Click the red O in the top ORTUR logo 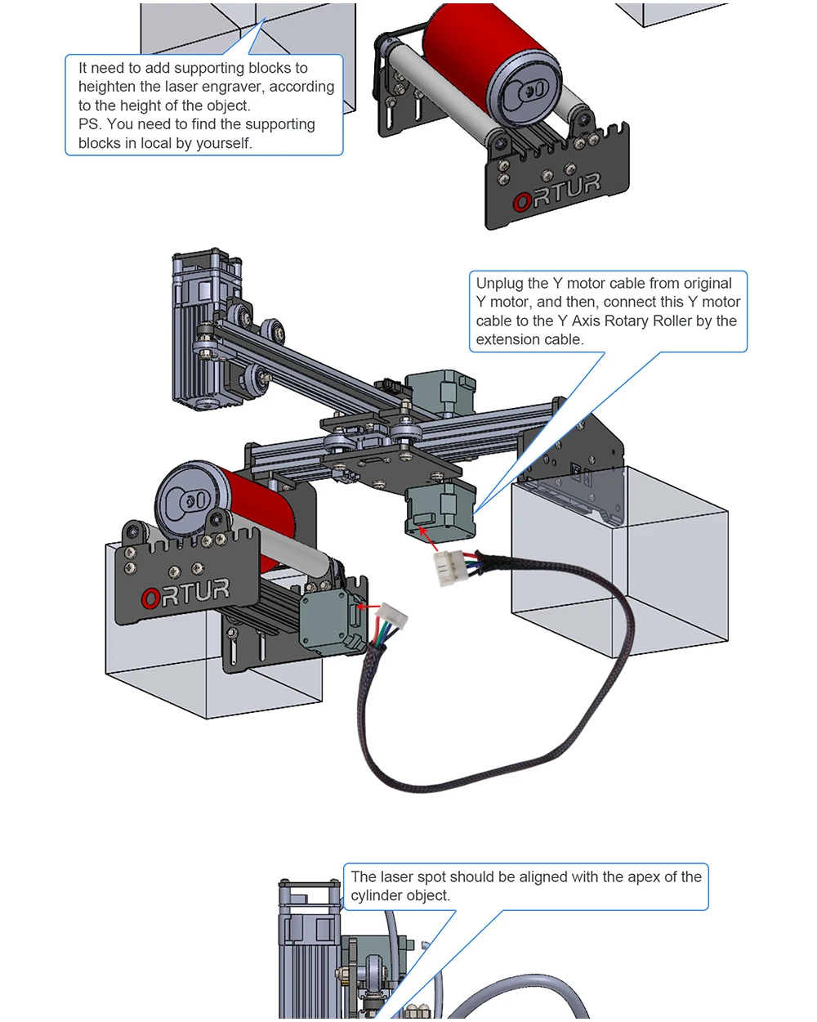coord(522,201)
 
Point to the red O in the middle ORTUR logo coord(150,598)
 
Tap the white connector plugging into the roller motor coord(391,616)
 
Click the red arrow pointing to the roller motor coord(368,607)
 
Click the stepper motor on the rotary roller coord(333,621)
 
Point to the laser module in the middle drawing coord(207,329)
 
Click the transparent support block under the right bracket coord(619,562)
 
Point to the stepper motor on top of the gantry coord(440,392)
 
